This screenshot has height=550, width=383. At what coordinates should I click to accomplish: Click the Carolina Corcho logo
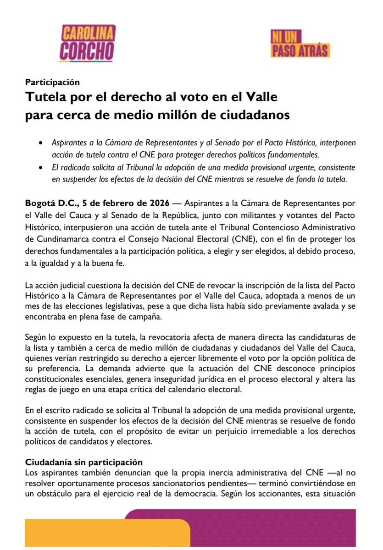click(x=88, y=44)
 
